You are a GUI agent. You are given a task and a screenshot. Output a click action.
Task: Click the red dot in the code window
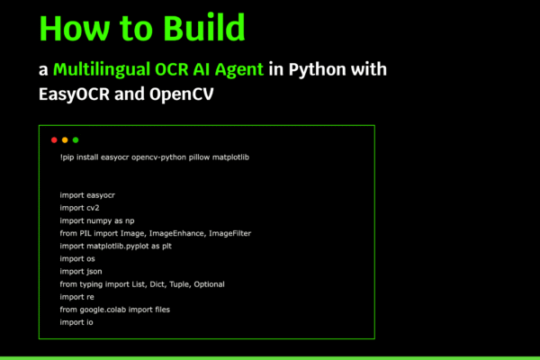54,139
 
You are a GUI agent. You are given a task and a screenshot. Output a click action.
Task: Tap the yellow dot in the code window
65,139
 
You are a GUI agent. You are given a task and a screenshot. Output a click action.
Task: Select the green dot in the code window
76,139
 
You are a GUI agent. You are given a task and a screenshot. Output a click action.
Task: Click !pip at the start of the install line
67,157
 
